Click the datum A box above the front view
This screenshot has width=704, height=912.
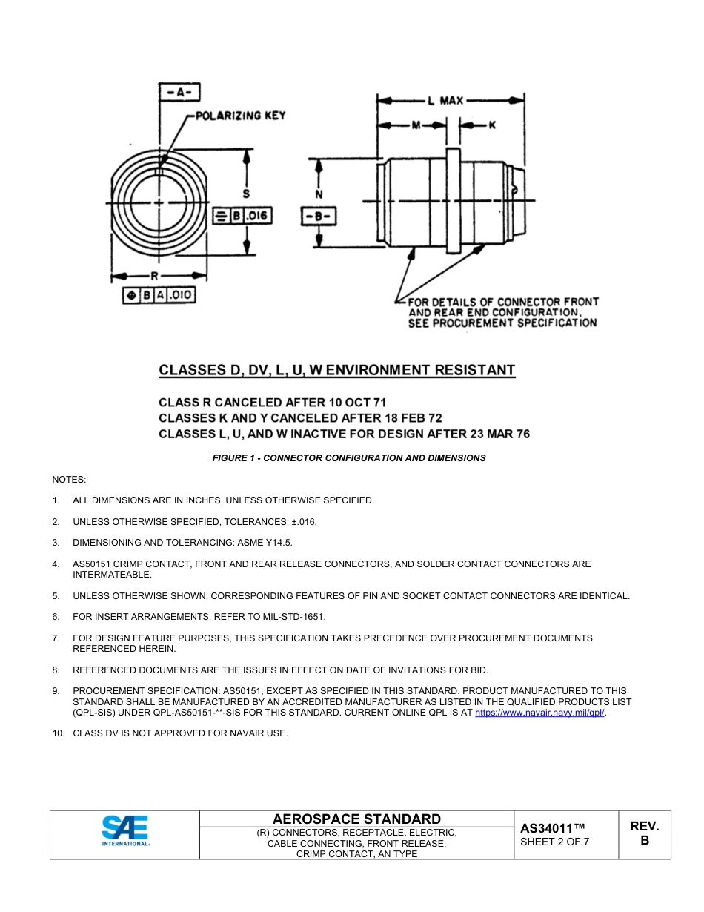pyautogui.click(x=180, y=93)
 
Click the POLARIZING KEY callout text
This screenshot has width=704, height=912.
pyautogui.click(x=240, y=116)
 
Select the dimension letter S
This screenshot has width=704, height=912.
pyautogui.click(x=246, y=194)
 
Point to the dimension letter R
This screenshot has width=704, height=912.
pyautogui.click(x=154, y=275)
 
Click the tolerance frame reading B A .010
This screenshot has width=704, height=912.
pyautogui.click(x=159, y=295)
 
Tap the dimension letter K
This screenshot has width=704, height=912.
pyautogui.click(x=491, y=125)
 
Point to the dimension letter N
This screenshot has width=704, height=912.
pyautogui.click(x=319, y=195)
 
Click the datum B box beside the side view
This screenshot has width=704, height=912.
pyautogui.click(x=319, y=217)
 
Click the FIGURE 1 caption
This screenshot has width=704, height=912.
pyautogui.click(x=349, y=458)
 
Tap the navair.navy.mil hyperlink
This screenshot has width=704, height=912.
pyautogui.click(x=539, y=713)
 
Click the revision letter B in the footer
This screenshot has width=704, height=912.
pyautogui.click(x=644, y=841)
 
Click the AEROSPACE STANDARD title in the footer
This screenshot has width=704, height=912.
pyautogui.click(x=356, y=819)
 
